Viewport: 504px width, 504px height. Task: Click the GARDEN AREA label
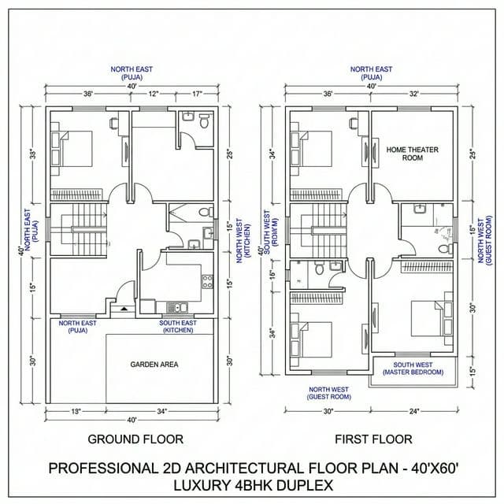[x=154, y=364]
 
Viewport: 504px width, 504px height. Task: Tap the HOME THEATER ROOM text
[x=412, y=153]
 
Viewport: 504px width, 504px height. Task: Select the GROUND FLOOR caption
[x=135, y=439]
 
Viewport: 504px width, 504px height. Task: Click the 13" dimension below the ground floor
[x=76, y=411]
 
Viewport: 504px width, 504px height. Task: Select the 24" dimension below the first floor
[x=414, y=411]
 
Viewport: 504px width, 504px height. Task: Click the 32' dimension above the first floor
[x=413, y=94]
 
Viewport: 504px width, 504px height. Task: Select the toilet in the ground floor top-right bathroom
[x=203, y=122]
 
